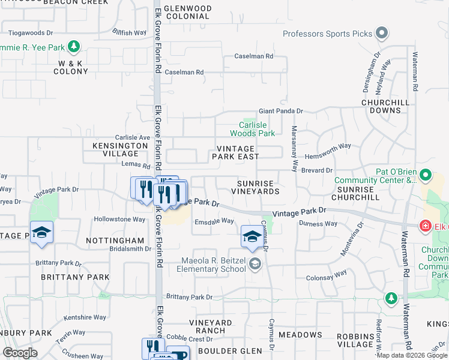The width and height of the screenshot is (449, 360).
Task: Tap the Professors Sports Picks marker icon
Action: point(382,34)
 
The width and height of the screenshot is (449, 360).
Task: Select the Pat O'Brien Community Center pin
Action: point(426,175)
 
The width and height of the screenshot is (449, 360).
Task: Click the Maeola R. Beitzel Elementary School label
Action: point(214,265)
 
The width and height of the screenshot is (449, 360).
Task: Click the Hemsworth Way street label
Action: point(327,146)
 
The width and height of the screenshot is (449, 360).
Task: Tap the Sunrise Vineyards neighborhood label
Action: point(256,187)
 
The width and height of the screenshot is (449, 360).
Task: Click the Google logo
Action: point(20,352)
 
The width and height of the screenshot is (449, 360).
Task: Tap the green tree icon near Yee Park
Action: point(74,46)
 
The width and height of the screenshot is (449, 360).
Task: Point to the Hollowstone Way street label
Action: point(120,220)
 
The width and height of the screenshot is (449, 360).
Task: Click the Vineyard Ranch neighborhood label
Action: point(211,326)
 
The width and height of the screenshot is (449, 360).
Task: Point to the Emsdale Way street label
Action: point(214,221)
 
